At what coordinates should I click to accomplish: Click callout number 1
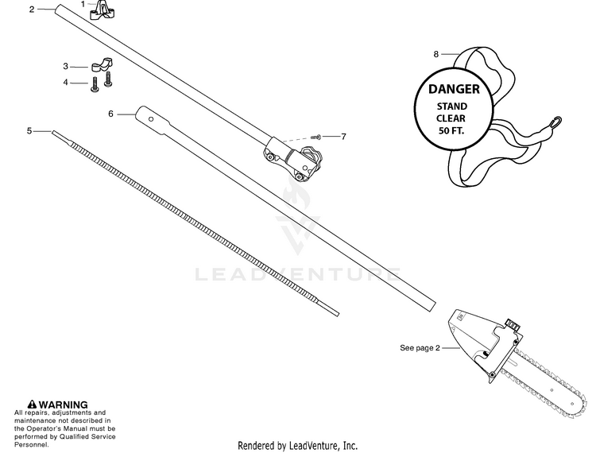(x=83, y=4)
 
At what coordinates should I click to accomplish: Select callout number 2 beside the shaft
(x=32, y=10)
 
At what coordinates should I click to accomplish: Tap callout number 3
(x=66, y=66)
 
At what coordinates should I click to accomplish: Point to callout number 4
(x=66, y=81)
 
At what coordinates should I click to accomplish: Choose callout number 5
(x=29, y=130)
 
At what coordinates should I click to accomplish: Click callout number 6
(x=111, y=114)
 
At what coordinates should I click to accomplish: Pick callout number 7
(x=343, y=137)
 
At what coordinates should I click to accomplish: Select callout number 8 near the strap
(x=435, y=55)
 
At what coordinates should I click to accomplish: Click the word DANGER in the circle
(x=454, y=90)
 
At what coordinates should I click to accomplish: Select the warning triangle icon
(x=32, y=405)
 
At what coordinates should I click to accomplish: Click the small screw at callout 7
(x=315, y=137)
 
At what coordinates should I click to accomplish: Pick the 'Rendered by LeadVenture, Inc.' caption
(x=298, y=446)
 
